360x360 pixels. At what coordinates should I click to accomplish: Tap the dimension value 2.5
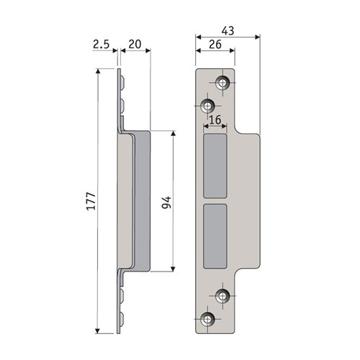102,45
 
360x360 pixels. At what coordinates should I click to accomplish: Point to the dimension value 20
134,45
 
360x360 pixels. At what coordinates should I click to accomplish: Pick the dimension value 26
214,45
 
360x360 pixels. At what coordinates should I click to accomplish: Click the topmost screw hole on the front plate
222,84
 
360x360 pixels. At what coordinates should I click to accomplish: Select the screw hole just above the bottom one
222,296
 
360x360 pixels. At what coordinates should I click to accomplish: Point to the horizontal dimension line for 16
216,126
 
